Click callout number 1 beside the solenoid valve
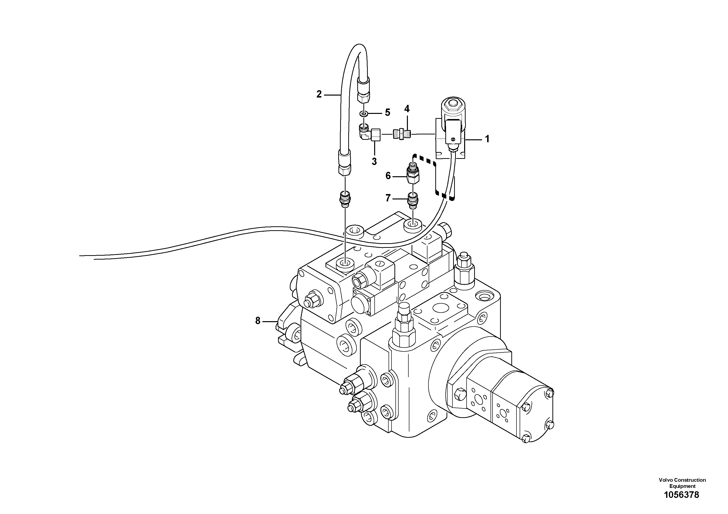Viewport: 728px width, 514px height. (487, 139)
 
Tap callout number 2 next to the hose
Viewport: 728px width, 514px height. (319, 94)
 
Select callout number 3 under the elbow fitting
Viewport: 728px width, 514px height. (374, 161)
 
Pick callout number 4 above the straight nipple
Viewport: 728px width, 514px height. (407, 109)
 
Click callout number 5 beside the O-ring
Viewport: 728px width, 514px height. (387, 112)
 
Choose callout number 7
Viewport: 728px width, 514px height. (388, 198)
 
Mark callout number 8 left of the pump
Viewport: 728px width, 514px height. (258, 321)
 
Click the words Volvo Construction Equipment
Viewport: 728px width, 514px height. (682, 483)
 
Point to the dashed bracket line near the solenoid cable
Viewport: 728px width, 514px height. (435, 177)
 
